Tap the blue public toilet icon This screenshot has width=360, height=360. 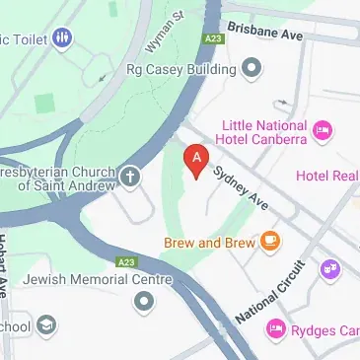click(x=62, y=38)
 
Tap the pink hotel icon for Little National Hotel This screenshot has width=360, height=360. click(x=321, y=129)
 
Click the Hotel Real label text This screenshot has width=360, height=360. click(x=327, y=176)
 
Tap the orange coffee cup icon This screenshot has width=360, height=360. click(x=269, y=241)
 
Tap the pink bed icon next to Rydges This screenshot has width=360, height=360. click(x=276, y=330)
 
